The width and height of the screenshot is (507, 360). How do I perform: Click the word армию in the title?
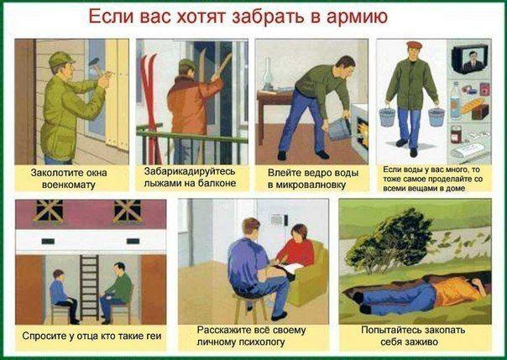(357, 17)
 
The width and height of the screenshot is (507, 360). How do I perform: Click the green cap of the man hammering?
(60, 59)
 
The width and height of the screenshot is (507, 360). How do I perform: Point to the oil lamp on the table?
(268, 74)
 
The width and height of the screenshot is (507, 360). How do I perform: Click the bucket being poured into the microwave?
(339, 128)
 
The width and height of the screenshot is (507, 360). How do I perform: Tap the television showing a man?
(470, 59)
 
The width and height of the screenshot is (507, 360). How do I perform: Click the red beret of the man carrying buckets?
(414, 45)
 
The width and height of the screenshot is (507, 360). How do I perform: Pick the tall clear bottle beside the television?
(456, 101)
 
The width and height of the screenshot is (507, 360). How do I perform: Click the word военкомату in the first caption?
(69, 185)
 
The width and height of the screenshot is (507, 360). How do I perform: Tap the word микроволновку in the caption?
(311, 185)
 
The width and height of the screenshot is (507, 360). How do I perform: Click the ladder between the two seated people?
(89, 287)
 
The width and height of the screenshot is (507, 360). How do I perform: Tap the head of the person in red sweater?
(299, 232)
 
